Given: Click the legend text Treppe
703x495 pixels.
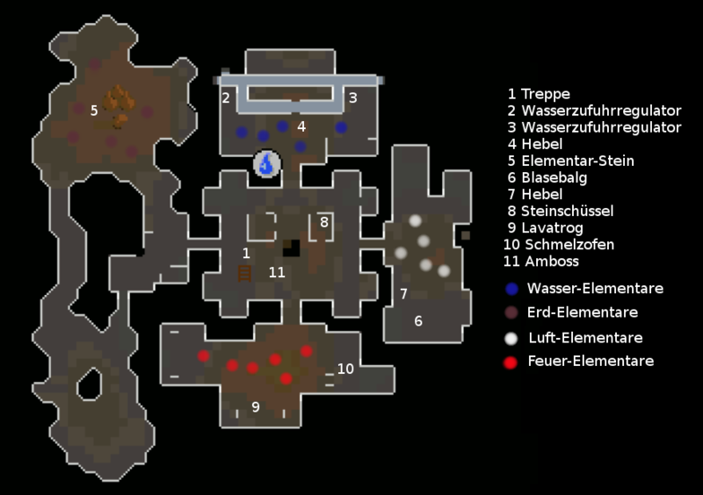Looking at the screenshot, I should click(545, 94).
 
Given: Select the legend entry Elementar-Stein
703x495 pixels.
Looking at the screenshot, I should click(577, 161).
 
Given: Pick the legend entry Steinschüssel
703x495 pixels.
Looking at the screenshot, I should click(567, 211).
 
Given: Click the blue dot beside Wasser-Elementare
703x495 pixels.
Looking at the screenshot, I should click(512, 288).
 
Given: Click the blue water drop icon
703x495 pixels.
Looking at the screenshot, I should click(267, 162).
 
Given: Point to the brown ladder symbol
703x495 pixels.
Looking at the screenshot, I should click(246, 273).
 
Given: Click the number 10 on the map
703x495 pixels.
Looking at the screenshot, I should click(345, 369).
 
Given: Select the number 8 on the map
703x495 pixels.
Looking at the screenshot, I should click(323, 222).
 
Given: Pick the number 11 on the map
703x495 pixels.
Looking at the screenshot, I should click(277, 272).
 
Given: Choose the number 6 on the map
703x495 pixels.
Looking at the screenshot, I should click(418, 321).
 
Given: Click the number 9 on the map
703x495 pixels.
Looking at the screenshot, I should click(256, 406).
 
